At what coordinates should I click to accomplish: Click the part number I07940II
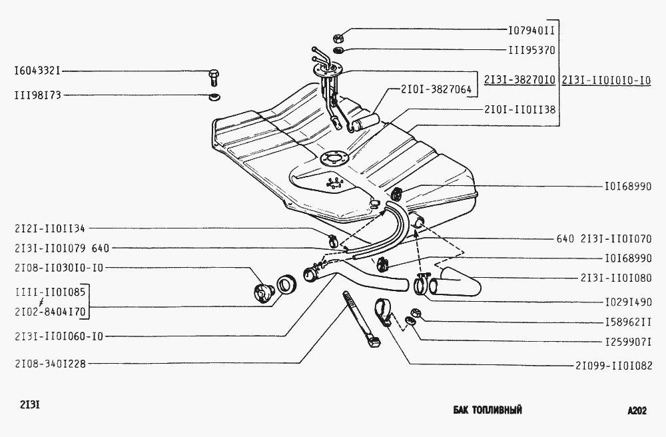click(531, 30)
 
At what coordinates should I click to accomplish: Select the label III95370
click(531, 50)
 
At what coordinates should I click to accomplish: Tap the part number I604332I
click(37, 71)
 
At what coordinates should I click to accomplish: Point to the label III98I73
click(37, 95)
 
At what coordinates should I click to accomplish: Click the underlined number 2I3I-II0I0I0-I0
click(606, 80)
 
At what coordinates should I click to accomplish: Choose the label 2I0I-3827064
click(436, 90)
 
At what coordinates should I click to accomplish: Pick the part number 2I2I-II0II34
click(50, 229)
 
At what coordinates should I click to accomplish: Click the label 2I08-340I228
click(50, 364)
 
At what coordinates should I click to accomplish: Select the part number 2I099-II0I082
click(614, 365)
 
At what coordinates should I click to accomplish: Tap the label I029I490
click(628, 302)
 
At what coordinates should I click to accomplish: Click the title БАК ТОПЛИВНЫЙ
click(488, 410)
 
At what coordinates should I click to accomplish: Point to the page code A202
click(637, 410)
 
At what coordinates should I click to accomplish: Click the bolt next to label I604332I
click(214, 78)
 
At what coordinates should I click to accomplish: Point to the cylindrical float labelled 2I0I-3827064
click(366, 122)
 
